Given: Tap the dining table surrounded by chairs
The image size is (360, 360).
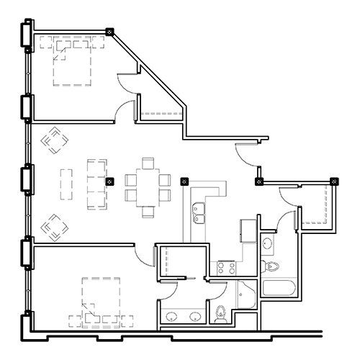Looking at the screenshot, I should pyautogui.click(x=148, y=186).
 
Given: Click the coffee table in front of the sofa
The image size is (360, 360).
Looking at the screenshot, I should pyautogui.click(x=67, y=184).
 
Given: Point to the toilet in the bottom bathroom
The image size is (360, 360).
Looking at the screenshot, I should pyautogui.click(x=220, y=312).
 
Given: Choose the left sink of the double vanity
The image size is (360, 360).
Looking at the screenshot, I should pyautogui.click(x=171, y=317).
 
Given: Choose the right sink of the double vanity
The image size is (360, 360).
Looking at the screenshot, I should pyautogui.click(x=196, y=317).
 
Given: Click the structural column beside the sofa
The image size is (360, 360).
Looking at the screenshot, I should pyautogui.click(x=109, y=182).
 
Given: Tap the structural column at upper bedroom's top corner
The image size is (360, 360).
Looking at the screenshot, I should pyautogui.click(x=109, y=32).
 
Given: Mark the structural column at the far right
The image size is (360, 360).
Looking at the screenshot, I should pyautogui.click(x=334, y=181).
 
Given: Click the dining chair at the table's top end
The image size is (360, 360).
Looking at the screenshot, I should pyautogui.click(x=148, y=161).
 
